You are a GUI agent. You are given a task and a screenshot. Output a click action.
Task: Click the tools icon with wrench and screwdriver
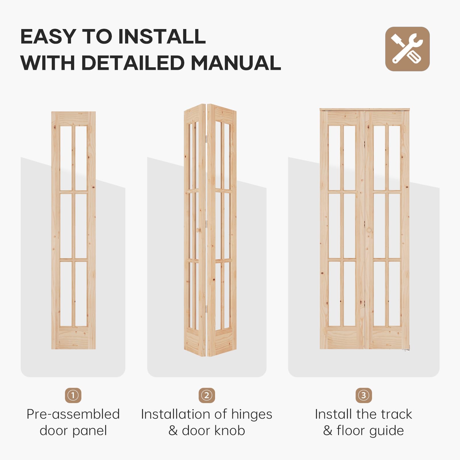(407, 49)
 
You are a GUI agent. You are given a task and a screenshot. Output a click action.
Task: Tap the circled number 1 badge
(73, 395)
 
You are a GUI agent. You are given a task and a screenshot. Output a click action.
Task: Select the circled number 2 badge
(207, 395)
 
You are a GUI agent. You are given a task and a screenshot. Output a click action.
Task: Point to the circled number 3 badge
(364, 395)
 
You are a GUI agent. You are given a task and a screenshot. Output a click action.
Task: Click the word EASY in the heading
(48, 37)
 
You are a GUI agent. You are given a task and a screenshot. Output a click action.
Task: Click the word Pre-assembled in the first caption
(73, 414)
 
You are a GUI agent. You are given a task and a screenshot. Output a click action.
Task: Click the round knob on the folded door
(198, 230)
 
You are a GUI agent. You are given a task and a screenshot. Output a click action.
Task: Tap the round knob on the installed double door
(369, 230)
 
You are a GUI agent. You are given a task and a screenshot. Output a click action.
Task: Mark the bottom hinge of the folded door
(206, 310)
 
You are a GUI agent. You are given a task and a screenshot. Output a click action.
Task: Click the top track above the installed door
(365, 110)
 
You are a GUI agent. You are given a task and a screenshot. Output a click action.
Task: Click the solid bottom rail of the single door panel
(73, 338)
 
